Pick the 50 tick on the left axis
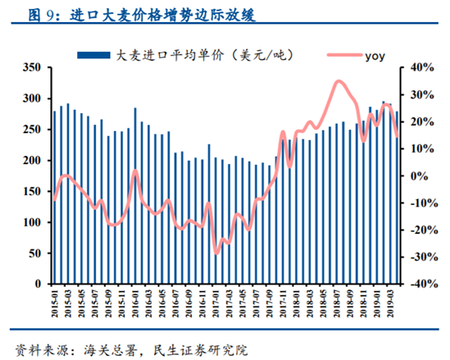tap(35, 254)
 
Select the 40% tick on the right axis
tap(417, 67)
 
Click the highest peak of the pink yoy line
tap(338, 81)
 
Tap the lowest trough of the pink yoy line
tap(217, 253)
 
